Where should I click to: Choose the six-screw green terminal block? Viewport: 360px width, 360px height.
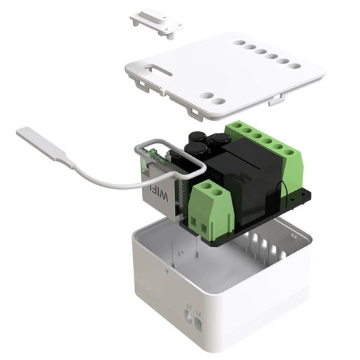(x=264, y=145)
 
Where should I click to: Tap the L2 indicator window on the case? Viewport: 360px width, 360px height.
(x=199, y=323)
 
